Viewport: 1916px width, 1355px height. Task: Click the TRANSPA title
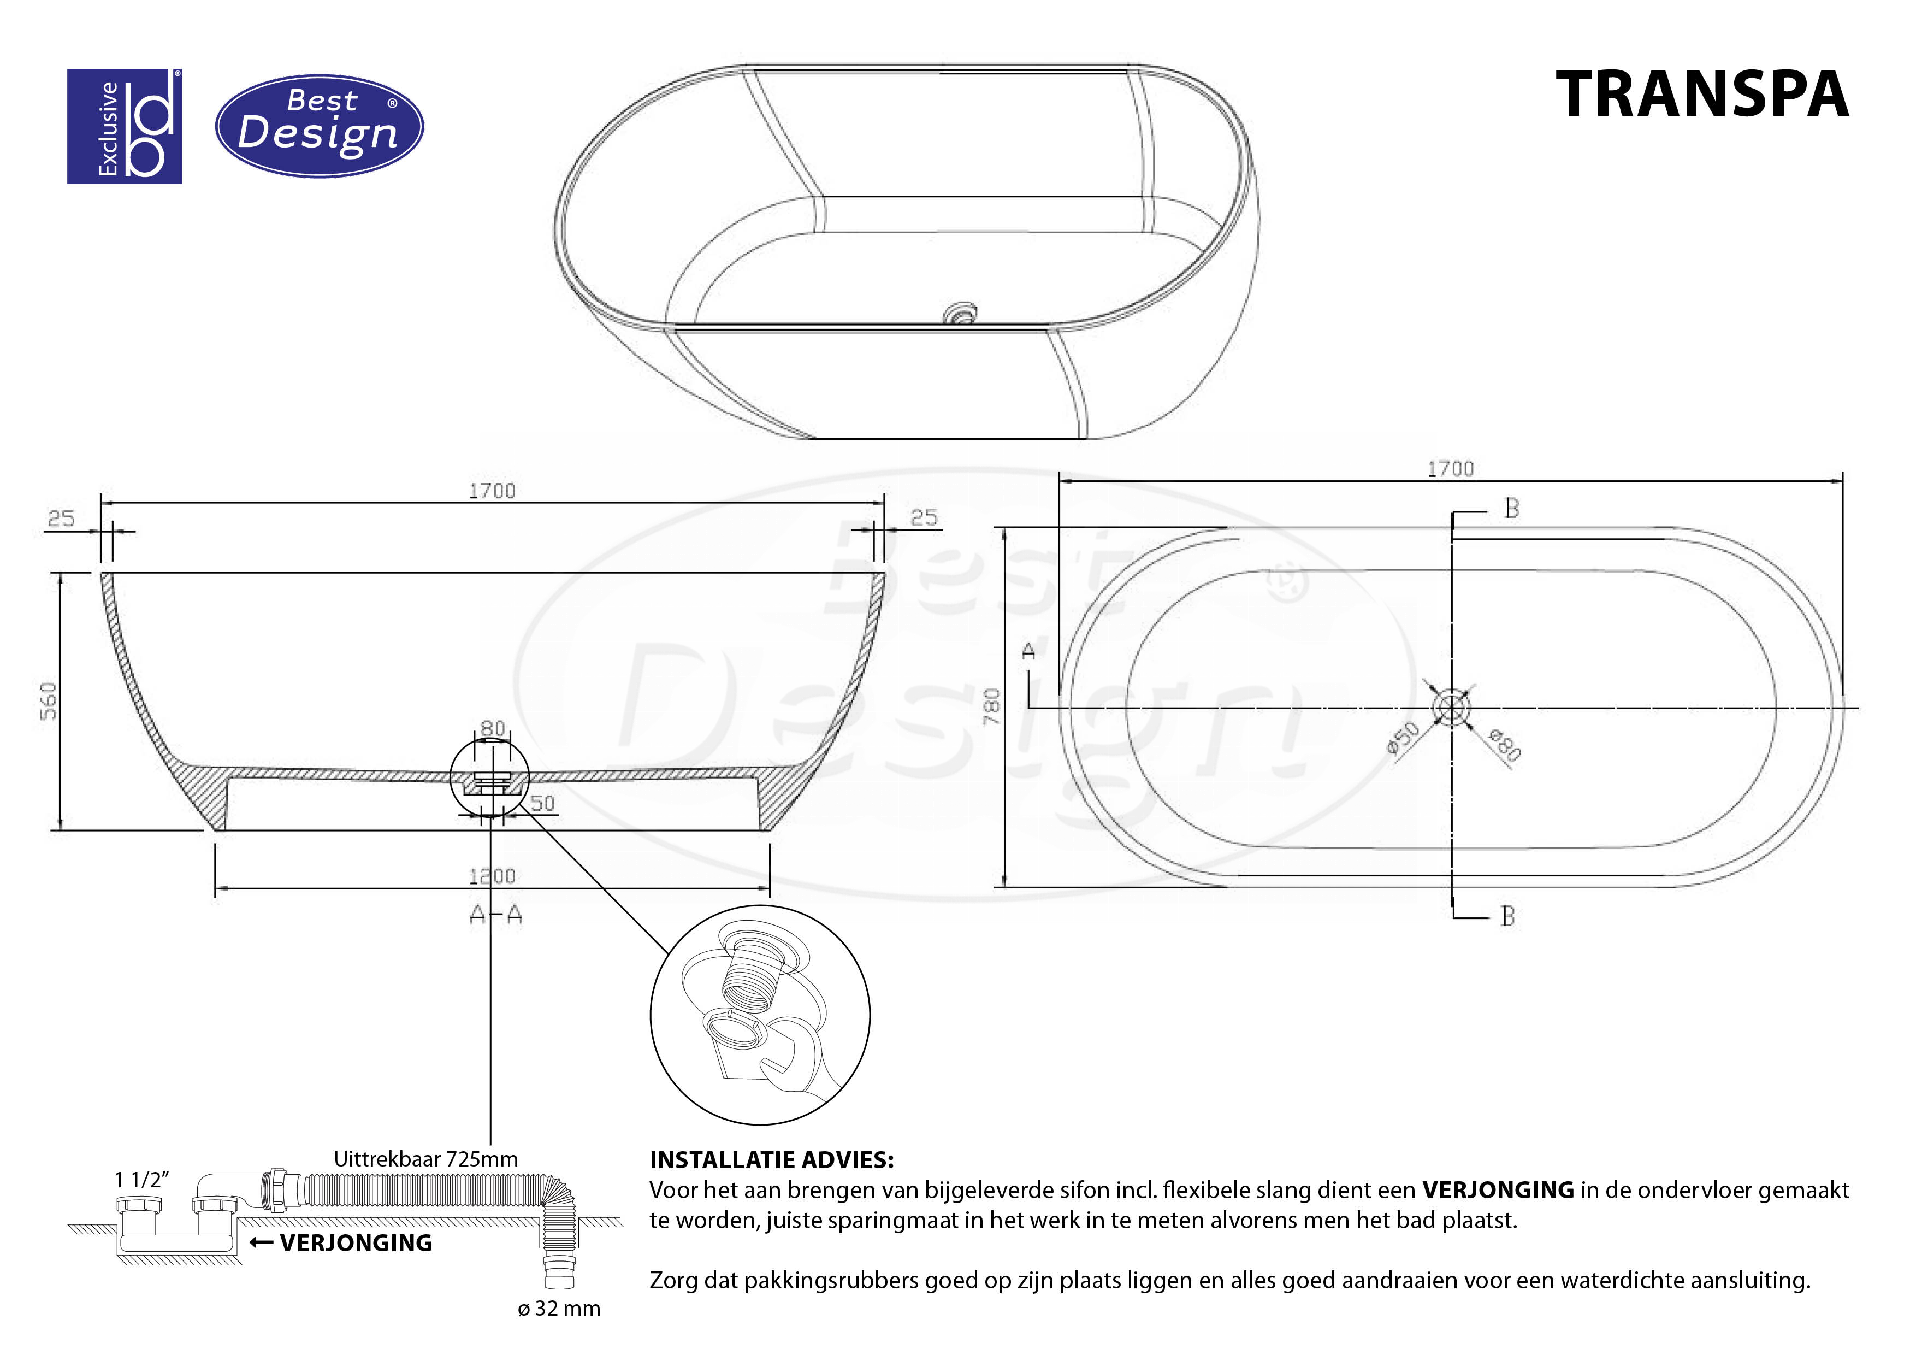pyautogui.click(x=1702, y=95)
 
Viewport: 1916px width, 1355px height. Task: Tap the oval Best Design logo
pyautogui.click(x=320, y=126)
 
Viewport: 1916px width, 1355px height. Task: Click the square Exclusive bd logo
pyautogui.click(x=125, y=126)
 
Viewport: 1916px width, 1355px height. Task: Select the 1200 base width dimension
pyautogui.click(x=492, y=876)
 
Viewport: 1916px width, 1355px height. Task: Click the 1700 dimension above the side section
pyautogui.click(x=492, y=491)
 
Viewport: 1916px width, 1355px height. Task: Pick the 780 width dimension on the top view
pyautogui.click(x=991, y=706)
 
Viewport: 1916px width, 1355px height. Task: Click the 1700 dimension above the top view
pyautogui.click(x=1451, y=469)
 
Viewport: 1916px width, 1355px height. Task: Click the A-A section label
pyautogui.click(x=496, y=915)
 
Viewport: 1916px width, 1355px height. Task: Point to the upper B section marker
pyautogui.click(x=1511, y=509)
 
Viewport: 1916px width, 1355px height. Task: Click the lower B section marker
pyautogui.click(x=1507, y=917)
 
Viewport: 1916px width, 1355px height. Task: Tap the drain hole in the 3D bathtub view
pyautogui.click(x=961, y=314)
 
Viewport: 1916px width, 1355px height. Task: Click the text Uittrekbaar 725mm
pyautogui.click(x=425, y=1159)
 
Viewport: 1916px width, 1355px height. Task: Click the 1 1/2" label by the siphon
pyautogui.click(x=142, y=1180)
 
